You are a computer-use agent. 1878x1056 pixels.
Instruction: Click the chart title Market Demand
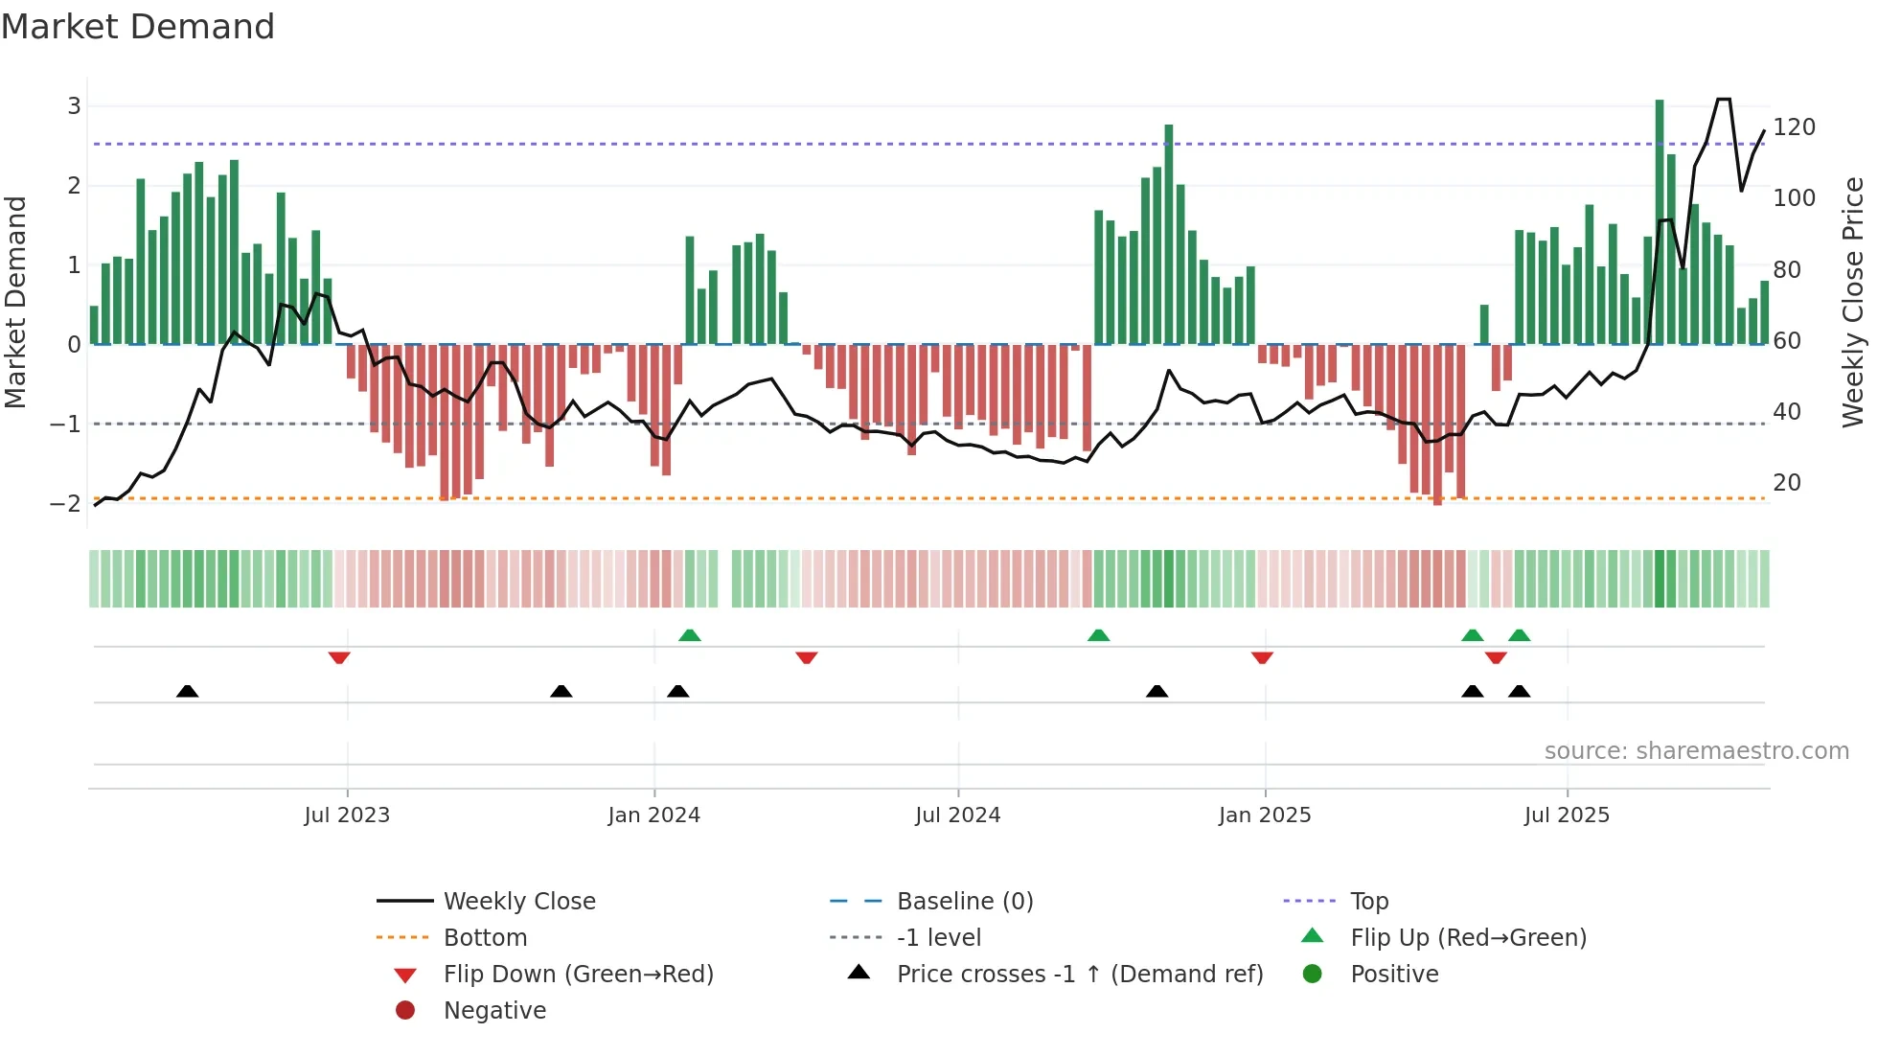point(138,27)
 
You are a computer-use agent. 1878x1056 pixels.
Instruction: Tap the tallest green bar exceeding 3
point(1660,220)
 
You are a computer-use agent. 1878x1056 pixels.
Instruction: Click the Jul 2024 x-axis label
point(957,815)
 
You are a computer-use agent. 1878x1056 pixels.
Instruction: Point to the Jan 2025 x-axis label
point(1264,815)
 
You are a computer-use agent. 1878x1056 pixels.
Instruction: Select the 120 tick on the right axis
point(1794,127)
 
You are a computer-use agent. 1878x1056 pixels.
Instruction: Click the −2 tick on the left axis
point(65,504)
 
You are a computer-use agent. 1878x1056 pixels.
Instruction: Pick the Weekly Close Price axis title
point(1853,302)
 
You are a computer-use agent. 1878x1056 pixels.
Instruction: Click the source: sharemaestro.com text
point(1696,751)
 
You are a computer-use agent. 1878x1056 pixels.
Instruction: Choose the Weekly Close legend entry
point(518,902)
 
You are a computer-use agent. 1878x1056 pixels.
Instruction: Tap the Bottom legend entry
point(485,938)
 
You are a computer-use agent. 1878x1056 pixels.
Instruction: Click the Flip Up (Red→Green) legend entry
point(1468,938)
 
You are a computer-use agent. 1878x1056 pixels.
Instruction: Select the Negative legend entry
point(494,1011)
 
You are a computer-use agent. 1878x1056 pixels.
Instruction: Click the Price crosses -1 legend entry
point(1079,975)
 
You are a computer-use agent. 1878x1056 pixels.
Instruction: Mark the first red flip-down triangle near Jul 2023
point(339,657)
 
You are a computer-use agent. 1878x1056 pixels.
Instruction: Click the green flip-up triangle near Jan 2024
point(690,635)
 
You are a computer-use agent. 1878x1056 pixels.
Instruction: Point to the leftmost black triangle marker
point(188,691)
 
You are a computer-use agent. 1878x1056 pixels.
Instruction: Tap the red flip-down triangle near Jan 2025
point(1262,657)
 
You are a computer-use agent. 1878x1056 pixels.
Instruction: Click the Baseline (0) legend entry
point(964,902)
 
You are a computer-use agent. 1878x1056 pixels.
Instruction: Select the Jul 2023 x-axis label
point(347,815)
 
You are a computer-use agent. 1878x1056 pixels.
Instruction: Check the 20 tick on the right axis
point(1786,483)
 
